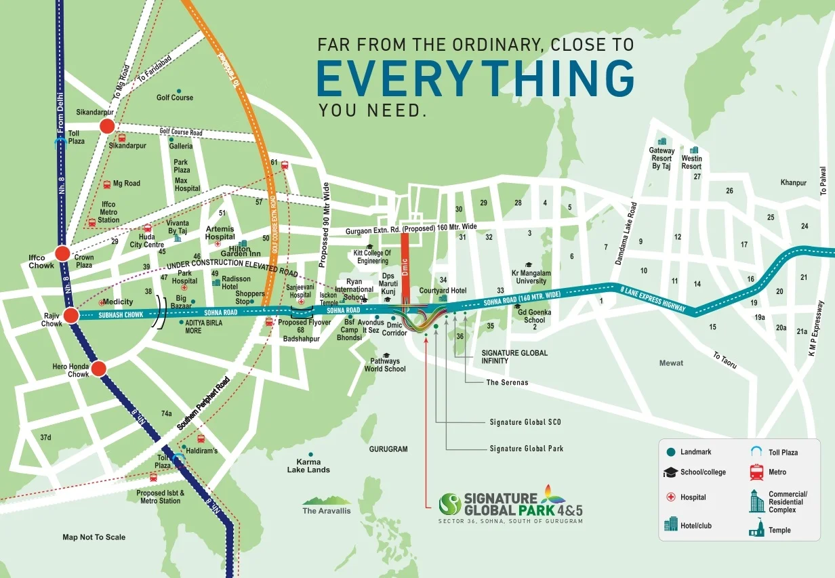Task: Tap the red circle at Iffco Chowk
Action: coord(62,253)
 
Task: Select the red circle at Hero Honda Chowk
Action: coord(99,369)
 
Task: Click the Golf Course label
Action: coord(175,98)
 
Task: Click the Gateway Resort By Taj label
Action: coord(661,159)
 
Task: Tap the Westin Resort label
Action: coord(691,163)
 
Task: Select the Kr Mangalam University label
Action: coord(530,277)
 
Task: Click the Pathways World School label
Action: coord(385,365)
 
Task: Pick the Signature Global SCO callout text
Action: coord(525,422)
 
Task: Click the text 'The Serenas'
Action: coord(507,383)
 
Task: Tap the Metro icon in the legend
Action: coord(756,472)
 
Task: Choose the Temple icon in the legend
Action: coord(756,530)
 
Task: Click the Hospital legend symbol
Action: coord(670,497)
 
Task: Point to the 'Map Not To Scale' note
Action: coord(94,537)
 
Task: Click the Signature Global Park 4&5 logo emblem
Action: coord(450,503)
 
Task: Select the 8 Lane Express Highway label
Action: coord(652,299)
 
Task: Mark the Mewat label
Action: coord(671,363)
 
